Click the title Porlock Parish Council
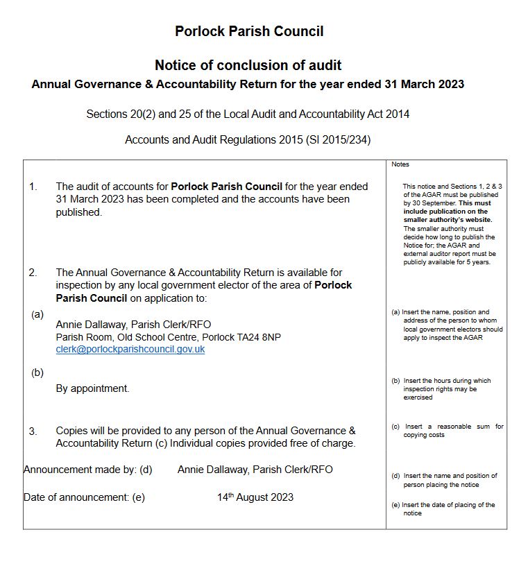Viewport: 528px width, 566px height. pos(248,31)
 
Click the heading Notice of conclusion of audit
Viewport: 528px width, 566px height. pos(248,65)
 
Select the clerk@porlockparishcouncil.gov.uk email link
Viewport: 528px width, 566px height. pos(130,350)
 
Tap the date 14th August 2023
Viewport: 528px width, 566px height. pos(255,497)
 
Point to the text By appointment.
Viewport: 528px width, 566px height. pos(92,388)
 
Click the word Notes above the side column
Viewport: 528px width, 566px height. pos(400,164)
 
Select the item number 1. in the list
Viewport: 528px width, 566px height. pos(33,187)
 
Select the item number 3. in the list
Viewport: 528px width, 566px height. pos(33,431)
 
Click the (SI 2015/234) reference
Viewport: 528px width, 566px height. pos(338,139)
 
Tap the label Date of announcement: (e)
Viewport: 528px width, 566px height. pos(84,497)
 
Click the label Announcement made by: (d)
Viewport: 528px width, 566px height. pos(87,470)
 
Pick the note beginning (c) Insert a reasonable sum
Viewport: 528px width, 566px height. pos(447,431)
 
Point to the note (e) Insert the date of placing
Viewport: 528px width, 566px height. pos(443,509)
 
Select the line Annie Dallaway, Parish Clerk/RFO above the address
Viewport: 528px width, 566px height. pos(133,325)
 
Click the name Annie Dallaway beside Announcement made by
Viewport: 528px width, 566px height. pos(213,470)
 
